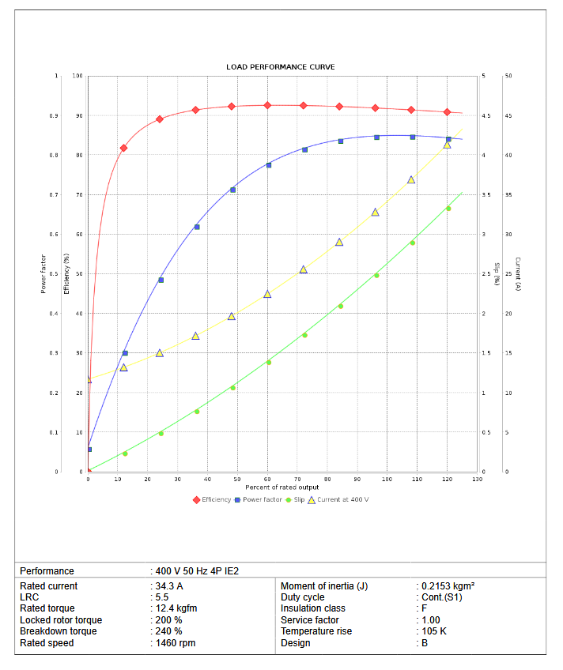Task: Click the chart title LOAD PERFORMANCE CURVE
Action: [281, 67]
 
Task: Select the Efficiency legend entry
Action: [216, 499]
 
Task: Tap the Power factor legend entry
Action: [262, 499]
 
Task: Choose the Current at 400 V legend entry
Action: [342, 499]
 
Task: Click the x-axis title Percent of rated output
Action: [281, 487]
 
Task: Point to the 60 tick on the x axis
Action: [268, 480]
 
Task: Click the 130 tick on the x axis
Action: [477, 480]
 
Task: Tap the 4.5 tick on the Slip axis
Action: [486, 116]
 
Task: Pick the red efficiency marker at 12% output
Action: [123, 148]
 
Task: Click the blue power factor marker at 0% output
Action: [89, 450]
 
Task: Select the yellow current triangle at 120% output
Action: [447, 145]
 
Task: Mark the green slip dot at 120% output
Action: [448, 209]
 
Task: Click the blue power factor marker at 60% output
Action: [269, 165]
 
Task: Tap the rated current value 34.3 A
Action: [168, 586]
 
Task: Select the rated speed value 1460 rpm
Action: [175, 643]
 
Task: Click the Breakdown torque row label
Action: [59, 631]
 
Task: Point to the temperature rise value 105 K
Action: [433, 631]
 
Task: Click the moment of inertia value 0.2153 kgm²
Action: [448, 586]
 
